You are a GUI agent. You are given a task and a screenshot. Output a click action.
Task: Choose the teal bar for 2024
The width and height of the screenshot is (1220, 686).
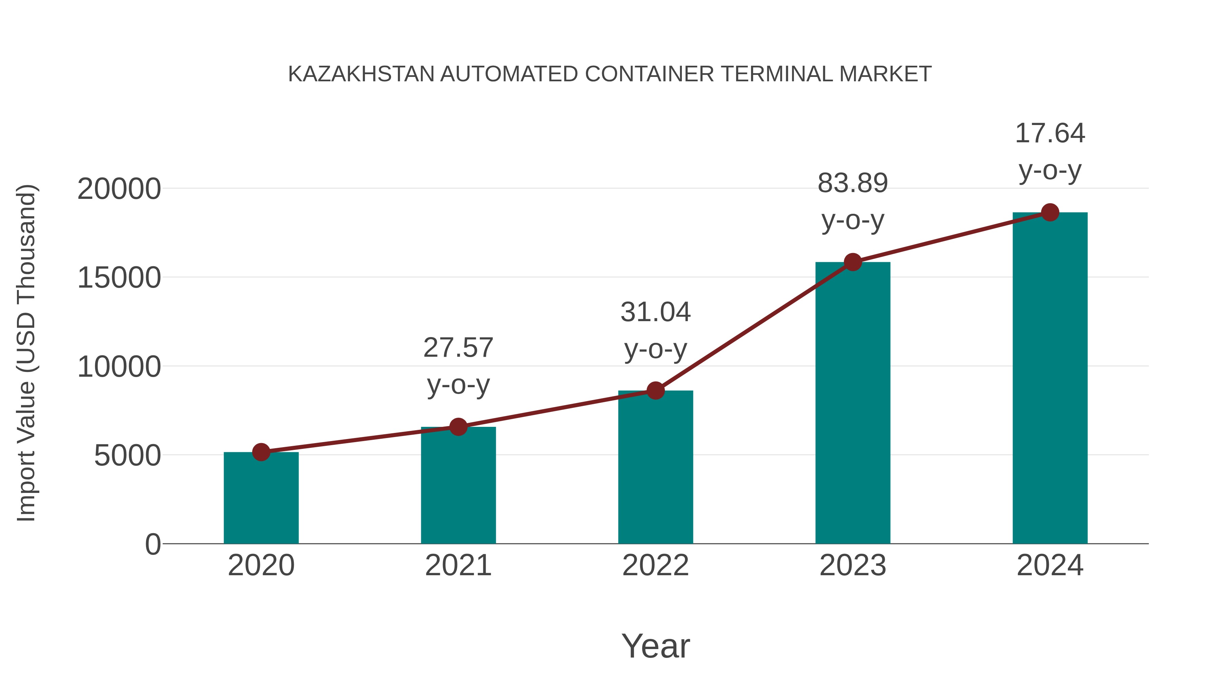[1050, 378]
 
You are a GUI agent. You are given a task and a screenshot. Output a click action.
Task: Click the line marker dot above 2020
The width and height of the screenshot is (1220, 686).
[261, 452]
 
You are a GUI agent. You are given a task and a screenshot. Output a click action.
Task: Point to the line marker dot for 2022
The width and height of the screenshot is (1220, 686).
[655, 391]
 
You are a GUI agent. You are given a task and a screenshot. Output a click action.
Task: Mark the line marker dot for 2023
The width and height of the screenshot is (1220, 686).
[853, 262]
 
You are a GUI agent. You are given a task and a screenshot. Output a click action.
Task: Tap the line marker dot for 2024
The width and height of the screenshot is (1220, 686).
[1050, 212]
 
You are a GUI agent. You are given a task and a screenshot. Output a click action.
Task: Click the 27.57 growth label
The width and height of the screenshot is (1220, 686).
[458, 348]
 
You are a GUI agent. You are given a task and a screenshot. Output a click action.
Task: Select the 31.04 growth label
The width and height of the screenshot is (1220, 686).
[655, 312]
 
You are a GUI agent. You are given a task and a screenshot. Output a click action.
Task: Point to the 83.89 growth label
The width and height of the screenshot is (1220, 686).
[853, 183]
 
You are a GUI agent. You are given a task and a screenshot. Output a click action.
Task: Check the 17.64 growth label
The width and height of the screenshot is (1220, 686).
[1050, 133]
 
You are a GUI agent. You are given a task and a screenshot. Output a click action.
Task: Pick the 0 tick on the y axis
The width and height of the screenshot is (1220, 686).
[153, 544]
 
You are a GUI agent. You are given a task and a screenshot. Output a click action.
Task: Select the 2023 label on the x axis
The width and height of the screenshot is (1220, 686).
[853, 565]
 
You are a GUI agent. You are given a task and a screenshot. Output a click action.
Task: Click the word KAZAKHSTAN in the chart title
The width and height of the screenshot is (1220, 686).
[361, 74]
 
